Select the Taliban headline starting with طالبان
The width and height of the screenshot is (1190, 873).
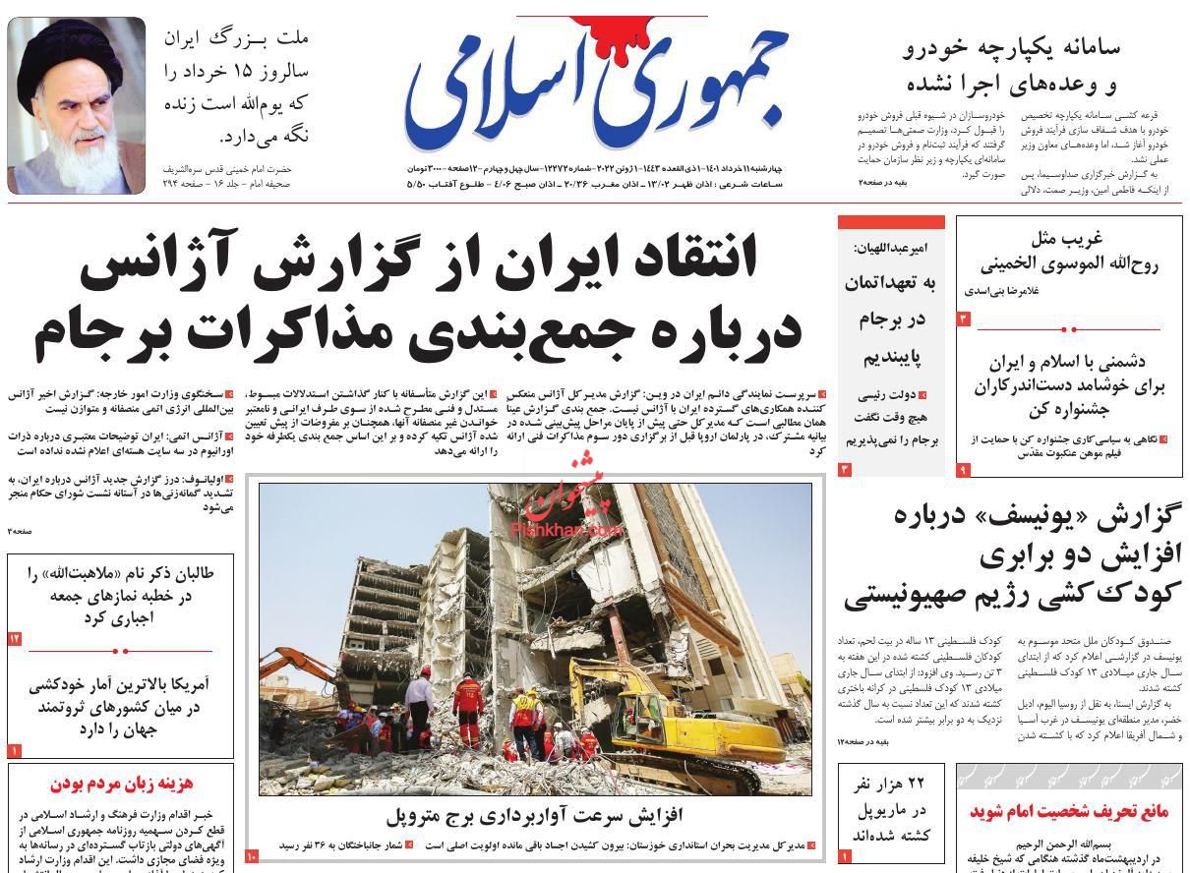tap(121, 595)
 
